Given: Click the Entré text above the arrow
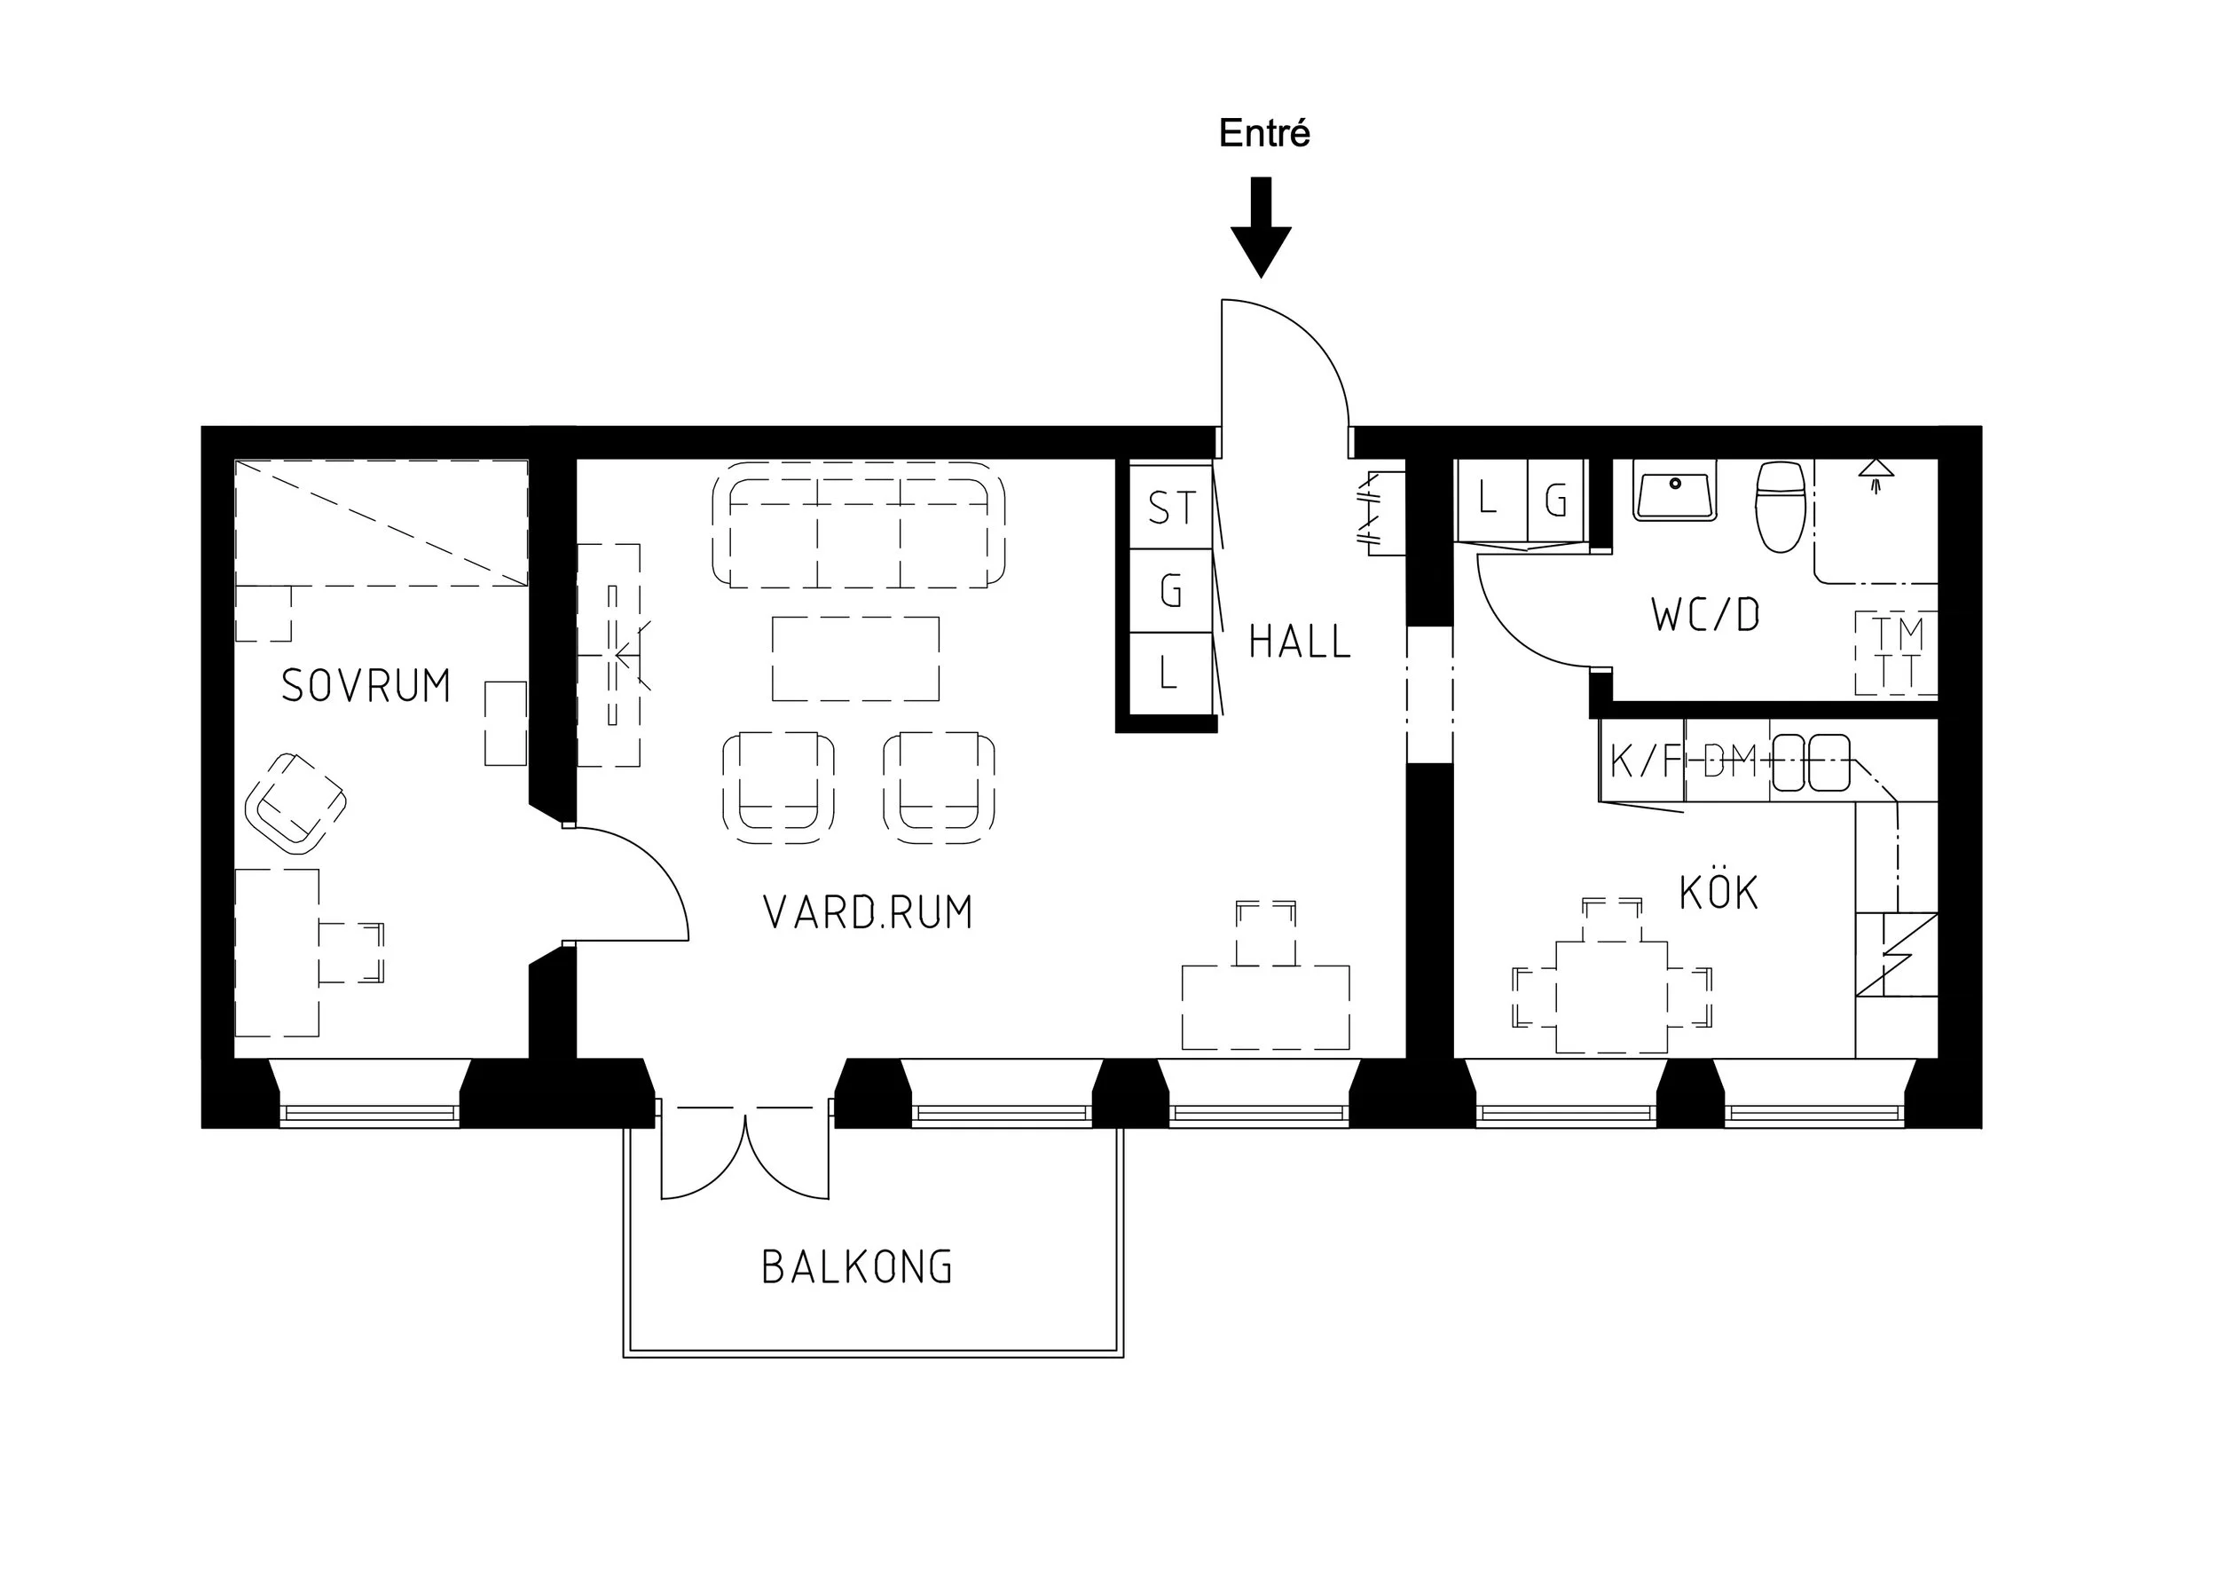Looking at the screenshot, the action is [x=1263, y=133].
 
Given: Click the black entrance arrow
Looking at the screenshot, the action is [x=1261, y=227].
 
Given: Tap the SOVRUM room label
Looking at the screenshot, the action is [x=366, y=686].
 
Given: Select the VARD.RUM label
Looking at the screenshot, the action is [x=868, y=912].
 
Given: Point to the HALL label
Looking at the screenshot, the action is [x=1300, y=642].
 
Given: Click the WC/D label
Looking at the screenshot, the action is [x=1705, y=615].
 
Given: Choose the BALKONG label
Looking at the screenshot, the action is [x=857, y=1267].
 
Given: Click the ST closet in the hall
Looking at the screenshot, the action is [x=1171, y=508].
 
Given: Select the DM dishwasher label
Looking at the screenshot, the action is [x=1729, y=761].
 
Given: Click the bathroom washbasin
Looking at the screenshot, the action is [x=1675, y=492].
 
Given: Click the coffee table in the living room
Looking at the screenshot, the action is [x=856, y=658].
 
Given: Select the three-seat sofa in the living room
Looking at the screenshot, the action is [x=859, y=524].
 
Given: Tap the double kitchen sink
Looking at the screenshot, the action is [x=1812, y=762].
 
